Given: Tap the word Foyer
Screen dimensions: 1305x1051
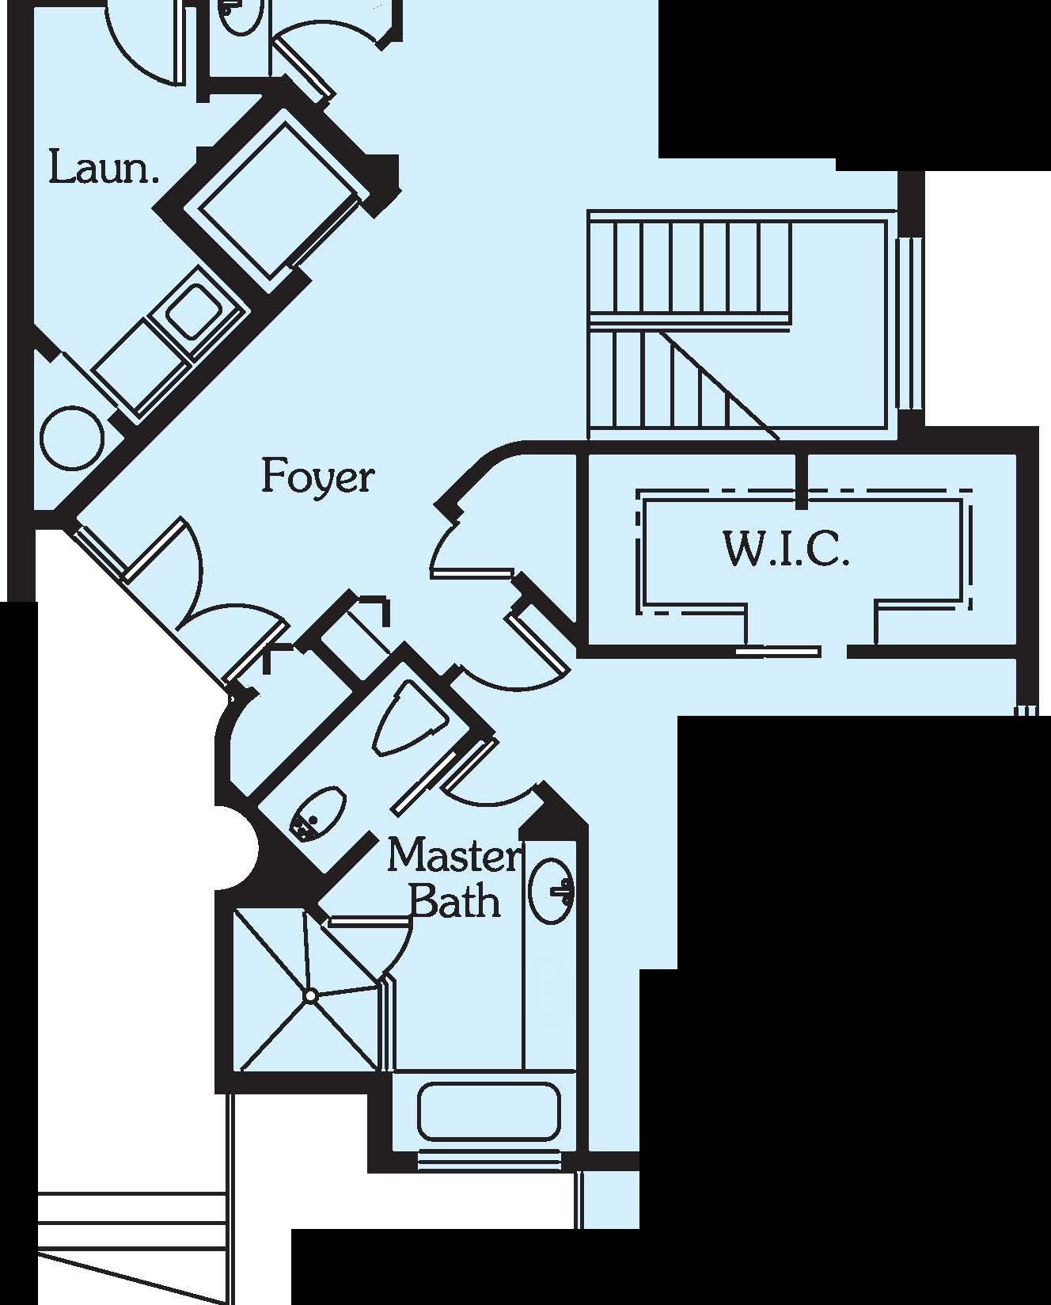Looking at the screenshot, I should point(317,477).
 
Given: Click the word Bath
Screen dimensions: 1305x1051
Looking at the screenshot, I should point(457,900).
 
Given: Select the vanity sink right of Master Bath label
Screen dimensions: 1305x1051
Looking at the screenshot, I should point(551,891).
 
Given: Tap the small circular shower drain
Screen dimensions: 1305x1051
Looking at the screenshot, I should point(311,995).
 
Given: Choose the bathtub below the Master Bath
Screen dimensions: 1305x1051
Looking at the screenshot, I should point(488,1113).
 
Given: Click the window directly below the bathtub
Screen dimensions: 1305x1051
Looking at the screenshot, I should point(488,1162).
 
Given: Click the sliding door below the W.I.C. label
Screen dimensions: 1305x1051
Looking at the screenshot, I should point(780,652).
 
